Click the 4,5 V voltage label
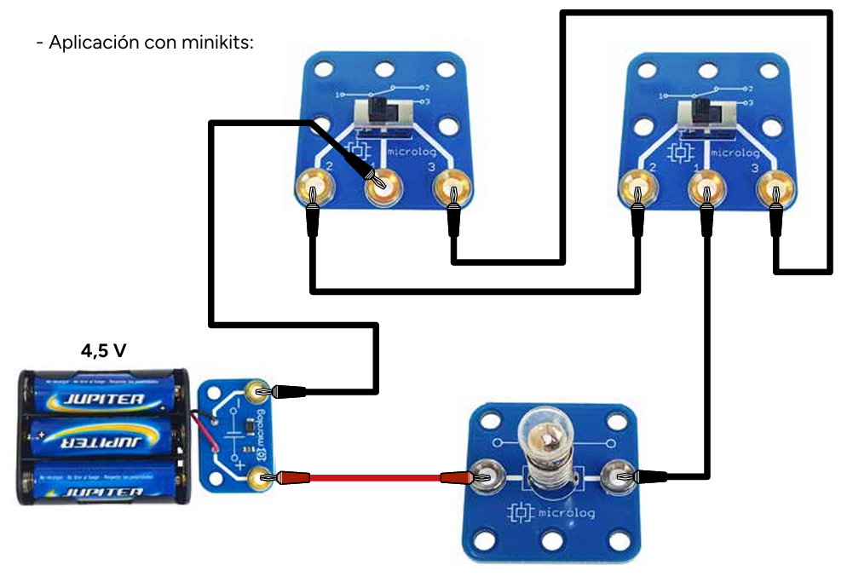[105, 350]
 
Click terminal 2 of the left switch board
[314, 185]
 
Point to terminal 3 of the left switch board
[452, 185]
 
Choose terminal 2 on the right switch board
[637, 187]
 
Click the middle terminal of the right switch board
[705, 187]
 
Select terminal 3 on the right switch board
[774, 187]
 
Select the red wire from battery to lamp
[375, 478]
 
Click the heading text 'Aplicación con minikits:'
[145, 42]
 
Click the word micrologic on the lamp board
[563, 513]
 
